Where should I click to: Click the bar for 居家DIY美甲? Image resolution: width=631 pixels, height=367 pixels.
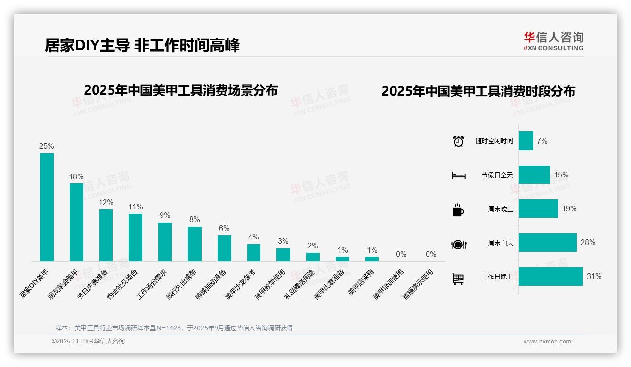47,207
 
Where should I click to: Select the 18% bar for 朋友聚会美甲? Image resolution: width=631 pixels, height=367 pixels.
76,222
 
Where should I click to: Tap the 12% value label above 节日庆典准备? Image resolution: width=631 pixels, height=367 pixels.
106,202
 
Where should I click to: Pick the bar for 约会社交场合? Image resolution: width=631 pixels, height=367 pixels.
135,237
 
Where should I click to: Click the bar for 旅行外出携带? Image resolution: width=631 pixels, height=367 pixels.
194,244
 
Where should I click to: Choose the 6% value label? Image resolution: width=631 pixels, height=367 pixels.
224,228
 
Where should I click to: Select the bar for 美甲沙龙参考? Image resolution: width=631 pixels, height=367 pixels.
254,252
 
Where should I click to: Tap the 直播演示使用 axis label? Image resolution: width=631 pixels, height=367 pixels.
418,284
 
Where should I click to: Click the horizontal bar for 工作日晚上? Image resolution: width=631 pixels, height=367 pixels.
550,276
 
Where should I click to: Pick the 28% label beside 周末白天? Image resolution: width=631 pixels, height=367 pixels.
588,242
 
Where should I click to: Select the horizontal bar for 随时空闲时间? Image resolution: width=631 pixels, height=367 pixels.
526,141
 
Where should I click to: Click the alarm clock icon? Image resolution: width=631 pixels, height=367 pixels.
459,141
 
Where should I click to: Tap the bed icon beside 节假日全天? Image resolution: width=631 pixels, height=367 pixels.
459,175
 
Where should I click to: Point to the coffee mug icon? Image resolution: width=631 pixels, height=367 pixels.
458,209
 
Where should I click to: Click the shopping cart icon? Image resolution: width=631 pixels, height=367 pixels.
458,279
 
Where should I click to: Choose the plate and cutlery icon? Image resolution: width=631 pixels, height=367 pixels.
459,244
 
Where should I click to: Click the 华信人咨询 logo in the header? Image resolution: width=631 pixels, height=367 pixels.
553,41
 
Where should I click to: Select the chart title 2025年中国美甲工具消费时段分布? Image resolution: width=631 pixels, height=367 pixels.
478,91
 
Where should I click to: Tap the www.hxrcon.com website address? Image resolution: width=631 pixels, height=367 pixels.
547,342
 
